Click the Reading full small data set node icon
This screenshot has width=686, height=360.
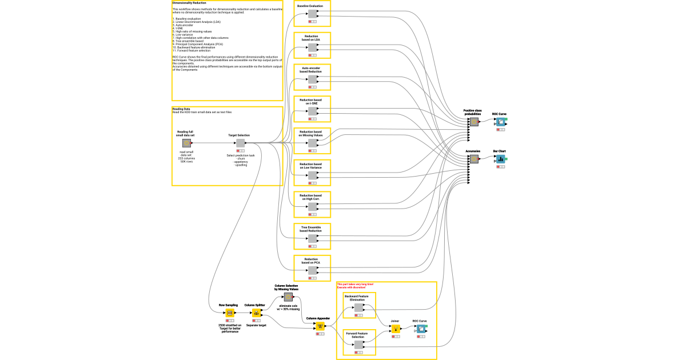pos(186,143)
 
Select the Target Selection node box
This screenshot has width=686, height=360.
pos(240,143)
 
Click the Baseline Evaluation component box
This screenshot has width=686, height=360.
pos(313,14)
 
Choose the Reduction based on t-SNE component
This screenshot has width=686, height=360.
pos(313,111)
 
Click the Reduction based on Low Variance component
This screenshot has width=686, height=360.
pos(313,175)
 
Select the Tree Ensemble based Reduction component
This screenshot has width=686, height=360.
pos(313,239)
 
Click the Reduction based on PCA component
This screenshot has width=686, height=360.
pos(313,271)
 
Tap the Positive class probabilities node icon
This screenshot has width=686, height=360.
pos(473,122)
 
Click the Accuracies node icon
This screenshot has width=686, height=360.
pos(473,159)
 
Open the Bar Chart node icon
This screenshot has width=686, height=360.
pos(500,159)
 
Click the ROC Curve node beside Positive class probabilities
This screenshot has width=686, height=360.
pos(500,122)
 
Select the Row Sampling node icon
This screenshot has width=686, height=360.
pos(229,313)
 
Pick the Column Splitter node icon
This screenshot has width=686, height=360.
pos(256,313)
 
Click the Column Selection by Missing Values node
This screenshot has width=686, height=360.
pos(289,297)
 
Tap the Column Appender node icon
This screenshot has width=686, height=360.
pos(320,326)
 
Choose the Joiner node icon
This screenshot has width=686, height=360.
pos(395,329)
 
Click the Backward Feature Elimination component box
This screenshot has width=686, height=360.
pos(358,307)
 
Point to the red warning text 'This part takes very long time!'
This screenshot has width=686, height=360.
pos(355,284)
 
